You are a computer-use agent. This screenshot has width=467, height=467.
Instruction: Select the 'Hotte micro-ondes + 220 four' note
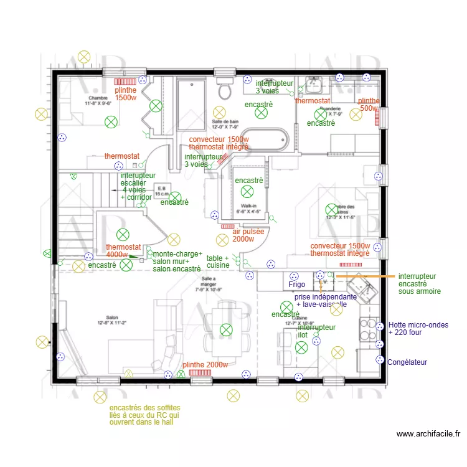point(417,329)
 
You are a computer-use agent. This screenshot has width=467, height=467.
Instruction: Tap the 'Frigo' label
point(297,285)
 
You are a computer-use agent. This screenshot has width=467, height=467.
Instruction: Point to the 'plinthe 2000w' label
point(205,365)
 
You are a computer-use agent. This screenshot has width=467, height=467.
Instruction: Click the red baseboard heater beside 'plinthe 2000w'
point(200,372)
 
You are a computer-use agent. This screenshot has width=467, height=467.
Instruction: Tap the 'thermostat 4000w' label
point(123,251)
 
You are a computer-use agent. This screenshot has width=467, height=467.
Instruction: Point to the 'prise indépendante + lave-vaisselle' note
point(326,301)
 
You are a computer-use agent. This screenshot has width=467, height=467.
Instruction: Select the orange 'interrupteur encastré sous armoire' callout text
point(420,283)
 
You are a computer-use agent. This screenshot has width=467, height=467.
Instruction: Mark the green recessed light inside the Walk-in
point(248,192)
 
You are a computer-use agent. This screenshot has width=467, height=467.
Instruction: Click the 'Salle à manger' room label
point(209,284)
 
